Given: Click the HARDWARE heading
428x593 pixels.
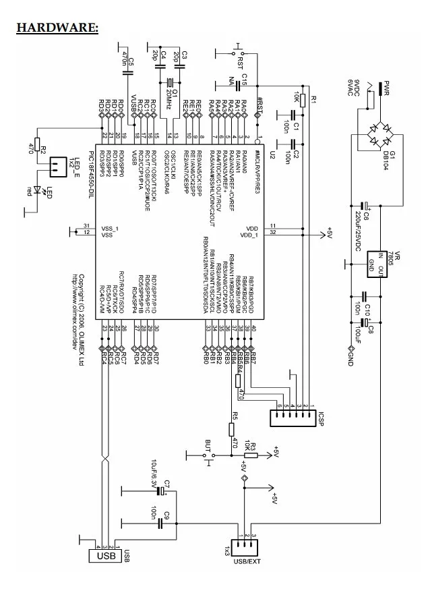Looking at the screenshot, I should click(x=58, y=28).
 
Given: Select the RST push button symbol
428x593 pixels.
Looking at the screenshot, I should click(x=239, y=52).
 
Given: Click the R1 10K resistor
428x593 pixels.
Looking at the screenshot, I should click(x=303, y=101).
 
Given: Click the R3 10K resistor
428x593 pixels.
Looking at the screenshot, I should click(x=250, y=455).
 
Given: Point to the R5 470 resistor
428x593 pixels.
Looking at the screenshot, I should click(x=233, y=429).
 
